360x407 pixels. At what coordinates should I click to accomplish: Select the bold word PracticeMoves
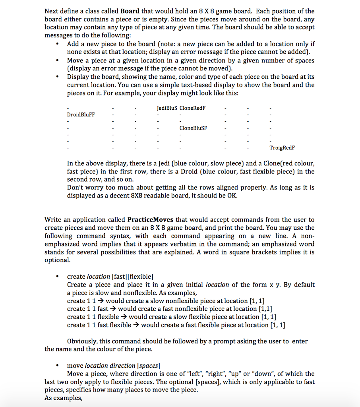click(152, 220)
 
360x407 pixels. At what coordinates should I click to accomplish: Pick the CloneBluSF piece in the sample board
click(194, 128)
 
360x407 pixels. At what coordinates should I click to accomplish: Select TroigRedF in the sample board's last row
click(282, 148)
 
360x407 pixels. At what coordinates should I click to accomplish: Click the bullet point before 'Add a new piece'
click(58, 44)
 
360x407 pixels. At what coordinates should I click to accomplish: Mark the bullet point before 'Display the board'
click(58, 77)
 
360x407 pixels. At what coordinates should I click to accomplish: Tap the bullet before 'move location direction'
click(58, 366)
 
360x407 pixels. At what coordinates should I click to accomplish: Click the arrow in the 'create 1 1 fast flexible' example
click(135, 325)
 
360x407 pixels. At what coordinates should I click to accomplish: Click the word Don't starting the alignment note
click(76, 187)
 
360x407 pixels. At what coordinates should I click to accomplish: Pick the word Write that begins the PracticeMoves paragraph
click(53, 220)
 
